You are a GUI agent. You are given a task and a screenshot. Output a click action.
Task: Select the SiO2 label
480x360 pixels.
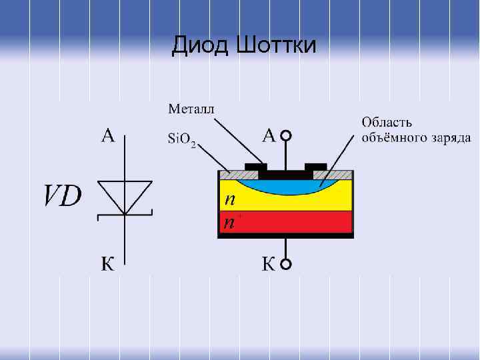point(181,140)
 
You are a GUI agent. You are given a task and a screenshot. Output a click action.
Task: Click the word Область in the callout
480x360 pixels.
point(387,122)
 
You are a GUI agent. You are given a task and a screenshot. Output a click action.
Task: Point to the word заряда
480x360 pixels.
point(450,139)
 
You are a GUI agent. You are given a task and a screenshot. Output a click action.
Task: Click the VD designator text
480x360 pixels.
point(63,196)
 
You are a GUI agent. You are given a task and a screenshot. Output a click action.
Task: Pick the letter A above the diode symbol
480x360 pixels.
point(108,136)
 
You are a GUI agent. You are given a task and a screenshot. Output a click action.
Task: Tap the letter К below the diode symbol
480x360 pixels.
point(107,265)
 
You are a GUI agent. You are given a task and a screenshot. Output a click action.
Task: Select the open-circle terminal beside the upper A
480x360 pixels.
point(286,136)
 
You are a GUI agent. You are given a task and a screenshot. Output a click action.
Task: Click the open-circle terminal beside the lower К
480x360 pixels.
point(286,265)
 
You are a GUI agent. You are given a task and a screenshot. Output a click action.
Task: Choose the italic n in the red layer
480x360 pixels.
point(228,223)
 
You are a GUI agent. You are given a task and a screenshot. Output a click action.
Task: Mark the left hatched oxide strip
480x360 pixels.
point(233,174)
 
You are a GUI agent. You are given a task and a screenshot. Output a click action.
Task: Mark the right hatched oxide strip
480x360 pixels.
point(340,174)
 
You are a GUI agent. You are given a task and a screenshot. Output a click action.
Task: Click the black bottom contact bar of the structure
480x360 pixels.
point(285,235)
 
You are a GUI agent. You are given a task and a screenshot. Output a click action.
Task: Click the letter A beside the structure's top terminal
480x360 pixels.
point(269,136)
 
